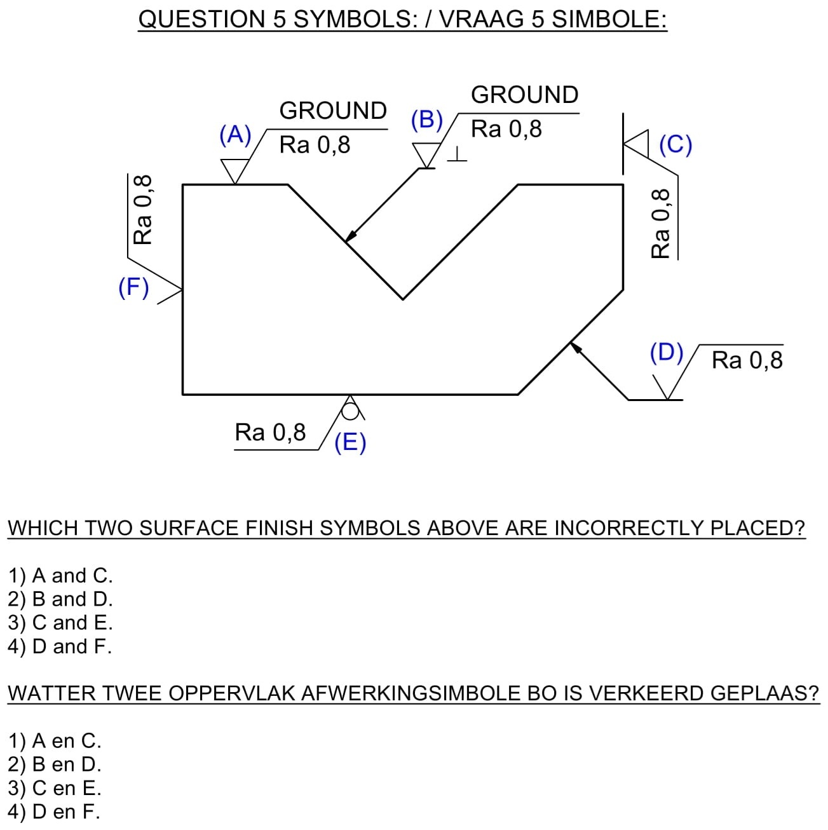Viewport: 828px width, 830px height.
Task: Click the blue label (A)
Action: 235,135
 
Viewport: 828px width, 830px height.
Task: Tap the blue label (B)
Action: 426,119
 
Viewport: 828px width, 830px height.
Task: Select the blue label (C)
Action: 675,144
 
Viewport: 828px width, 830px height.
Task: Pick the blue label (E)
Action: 350,442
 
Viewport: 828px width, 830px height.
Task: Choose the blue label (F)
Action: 133,287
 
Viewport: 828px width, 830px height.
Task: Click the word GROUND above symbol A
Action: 333,111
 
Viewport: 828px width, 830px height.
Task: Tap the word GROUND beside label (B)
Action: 524,95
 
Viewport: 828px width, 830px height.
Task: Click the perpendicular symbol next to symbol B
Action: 457,155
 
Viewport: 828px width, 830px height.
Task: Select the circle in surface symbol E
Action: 350,412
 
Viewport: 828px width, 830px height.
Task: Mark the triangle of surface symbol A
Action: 235,170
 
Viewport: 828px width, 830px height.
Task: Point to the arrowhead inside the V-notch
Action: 350,236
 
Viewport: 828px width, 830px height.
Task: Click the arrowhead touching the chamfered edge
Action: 575,347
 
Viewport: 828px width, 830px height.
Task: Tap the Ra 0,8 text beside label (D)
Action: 747,360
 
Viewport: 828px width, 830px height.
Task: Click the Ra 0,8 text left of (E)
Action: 270,433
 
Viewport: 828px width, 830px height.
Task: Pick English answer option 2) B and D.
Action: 60,599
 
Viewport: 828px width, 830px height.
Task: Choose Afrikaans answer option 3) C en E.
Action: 55,788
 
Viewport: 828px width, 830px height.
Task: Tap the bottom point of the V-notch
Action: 402,298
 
